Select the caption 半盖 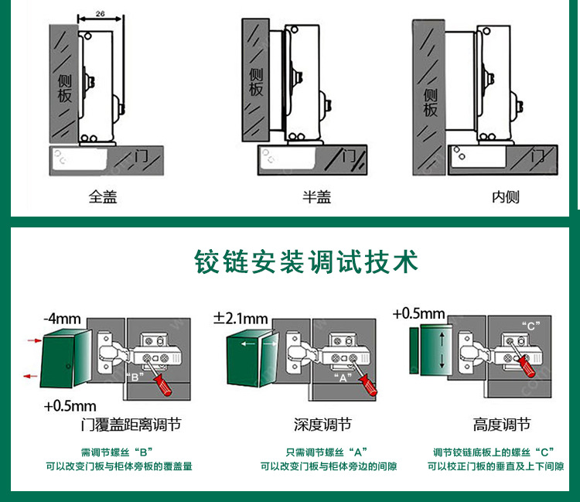316,197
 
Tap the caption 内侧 506,197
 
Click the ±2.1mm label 241,318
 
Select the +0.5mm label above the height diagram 419,313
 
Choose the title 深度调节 322,425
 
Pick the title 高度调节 502,425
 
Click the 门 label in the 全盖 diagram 141,155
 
